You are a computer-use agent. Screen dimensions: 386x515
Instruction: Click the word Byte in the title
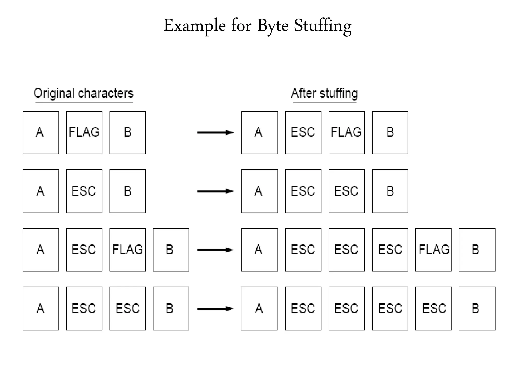click(273, 26)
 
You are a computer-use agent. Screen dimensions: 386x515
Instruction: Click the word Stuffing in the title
click(323, 26)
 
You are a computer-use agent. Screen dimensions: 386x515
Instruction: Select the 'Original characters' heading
click(83, 93)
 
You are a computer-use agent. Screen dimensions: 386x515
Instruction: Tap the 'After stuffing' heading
click(324, 93)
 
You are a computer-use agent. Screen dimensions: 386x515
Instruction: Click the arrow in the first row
click(215, 132)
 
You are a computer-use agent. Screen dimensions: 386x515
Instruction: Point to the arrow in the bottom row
click(215, 309)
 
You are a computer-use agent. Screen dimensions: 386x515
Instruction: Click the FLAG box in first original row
click(84, 132)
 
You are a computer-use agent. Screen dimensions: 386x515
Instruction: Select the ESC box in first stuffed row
click(303, 132)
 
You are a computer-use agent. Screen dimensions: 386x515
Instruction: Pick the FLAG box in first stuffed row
click(347, 132)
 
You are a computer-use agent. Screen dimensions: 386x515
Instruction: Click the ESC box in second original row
click(84, 191)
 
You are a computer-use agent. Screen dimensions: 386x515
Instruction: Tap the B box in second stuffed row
click(390, 191)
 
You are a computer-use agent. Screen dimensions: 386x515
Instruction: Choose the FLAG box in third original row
click(127, 250)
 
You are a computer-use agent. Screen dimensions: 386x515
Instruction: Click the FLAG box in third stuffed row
click(433, 250)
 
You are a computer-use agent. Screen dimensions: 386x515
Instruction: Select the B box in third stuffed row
click(477, 250)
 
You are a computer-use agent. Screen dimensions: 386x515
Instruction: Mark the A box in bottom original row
click(41, 309)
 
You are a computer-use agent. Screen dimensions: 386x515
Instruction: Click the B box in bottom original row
click(171, 309)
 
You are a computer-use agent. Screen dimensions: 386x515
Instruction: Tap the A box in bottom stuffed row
click(259, 309)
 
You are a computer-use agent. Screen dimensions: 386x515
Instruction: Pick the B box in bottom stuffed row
click(477, 309)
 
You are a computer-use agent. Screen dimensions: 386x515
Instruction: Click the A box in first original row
click(41, 132)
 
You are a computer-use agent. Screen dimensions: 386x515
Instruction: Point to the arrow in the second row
click(215, 191)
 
